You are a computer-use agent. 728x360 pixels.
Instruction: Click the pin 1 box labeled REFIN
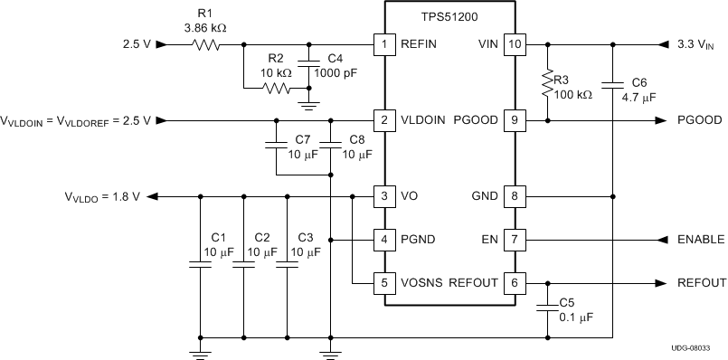(x=384, y=43)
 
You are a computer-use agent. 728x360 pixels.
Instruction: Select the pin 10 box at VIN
(x=514, y=43)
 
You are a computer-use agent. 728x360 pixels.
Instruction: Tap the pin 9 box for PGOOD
(x=514, y=119)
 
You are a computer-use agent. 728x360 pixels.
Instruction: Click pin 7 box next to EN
(x=514, y=240)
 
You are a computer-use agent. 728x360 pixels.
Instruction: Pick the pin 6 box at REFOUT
(x=514, y=282)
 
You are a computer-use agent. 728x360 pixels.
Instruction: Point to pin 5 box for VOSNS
(x=384, y=282)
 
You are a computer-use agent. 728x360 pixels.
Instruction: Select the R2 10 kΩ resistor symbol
(x=276, y=89)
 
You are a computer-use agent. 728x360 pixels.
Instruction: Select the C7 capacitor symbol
(x=276, y=143)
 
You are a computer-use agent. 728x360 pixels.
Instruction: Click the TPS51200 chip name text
(x=449, y=18)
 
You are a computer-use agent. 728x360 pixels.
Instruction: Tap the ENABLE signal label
(x=700, y=240)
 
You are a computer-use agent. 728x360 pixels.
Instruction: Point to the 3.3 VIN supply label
(x=696, y=43)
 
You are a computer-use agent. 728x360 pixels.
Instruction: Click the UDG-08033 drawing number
(x=699, y=348)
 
